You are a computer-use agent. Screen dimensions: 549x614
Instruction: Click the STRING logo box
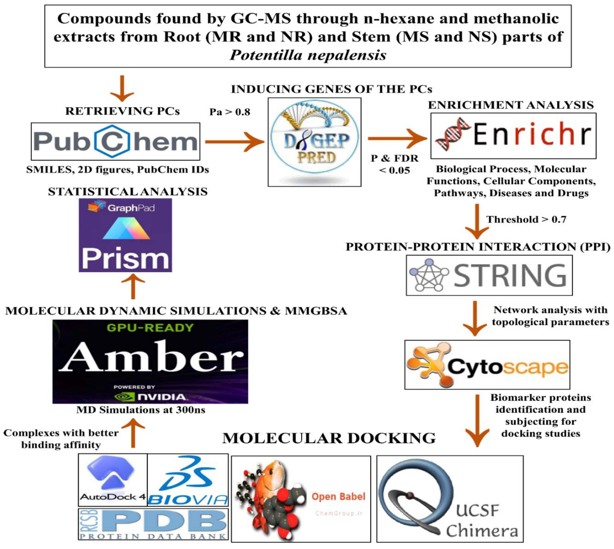point(489,275)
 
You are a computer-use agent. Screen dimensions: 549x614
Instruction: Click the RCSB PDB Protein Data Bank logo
point(153,524)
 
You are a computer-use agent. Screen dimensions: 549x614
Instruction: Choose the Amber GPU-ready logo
point(150,361)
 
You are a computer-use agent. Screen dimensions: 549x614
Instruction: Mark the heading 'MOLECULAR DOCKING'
point(329,438)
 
